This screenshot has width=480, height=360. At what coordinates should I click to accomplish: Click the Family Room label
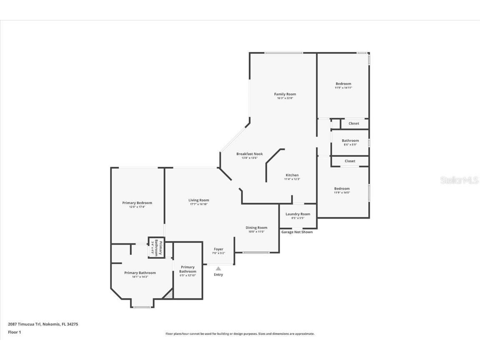pos(285,94)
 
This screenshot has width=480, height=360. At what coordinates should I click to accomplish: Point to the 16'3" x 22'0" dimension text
pos(285,98)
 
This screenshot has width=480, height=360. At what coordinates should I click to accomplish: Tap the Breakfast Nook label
pos(250,154)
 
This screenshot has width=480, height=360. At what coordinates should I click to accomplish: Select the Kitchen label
pos(292,175)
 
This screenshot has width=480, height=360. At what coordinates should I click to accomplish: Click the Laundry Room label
pos(298,214)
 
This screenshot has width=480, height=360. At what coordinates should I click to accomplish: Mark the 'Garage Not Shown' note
pos(297,232)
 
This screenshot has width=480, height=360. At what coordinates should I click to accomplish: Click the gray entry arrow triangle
pos(218,269)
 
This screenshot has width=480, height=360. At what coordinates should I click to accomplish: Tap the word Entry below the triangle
pos(218,275)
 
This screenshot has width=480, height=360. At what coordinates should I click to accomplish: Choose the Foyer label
pos(218,249)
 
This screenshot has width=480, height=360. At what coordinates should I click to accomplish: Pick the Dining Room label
pos(256,227)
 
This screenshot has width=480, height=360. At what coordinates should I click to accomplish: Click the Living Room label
pos(199,200)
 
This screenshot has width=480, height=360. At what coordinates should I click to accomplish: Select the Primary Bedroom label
pos(137,203)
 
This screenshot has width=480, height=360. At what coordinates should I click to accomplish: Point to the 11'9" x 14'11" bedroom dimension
pos(343,88)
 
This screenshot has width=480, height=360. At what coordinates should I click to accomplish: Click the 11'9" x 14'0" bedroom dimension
pos(342,192)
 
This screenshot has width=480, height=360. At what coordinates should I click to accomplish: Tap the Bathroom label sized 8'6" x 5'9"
pos(350,140)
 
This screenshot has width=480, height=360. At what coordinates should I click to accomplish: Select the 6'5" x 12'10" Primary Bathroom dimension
pos(187,275)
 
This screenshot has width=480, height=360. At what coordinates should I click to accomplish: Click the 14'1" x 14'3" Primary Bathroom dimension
pos(140,277)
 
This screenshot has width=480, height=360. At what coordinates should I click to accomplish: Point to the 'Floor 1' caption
pos(15,332)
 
